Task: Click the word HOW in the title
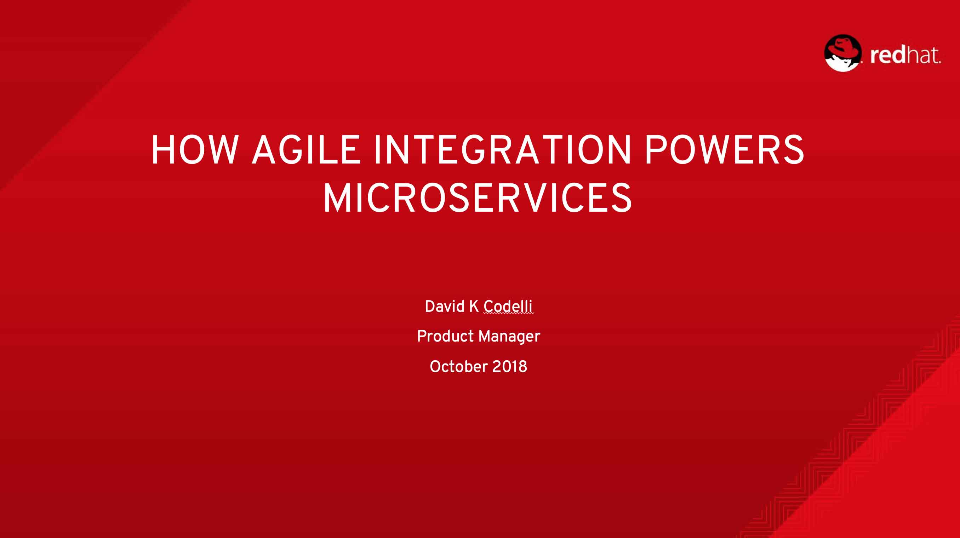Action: [x=195, y=150]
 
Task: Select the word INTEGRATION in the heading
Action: [x=503, y=150]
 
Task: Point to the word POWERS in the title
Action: [x=725, y=150]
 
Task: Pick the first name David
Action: [x=445, y=306]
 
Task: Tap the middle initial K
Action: [x=474, y=306]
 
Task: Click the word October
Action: [x=459, y=366]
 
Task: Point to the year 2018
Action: [x=509, y=367]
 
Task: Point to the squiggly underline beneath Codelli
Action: [x=509, y=314]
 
